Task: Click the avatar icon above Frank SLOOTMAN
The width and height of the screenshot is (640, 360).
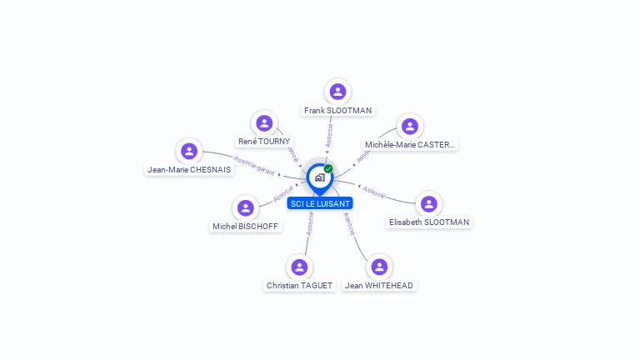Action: pyautogui.click(x=337, y=91)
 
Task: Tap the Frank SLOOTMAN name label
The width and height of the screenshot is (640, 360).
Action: pyautogui.click(x=337, y=110)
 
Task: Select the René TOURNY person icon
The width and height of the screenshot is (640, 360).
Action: pyautogui.click(x=264, y=123)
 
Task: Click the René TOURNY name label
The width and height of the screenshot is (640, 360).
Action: pyautogui.click(x=264, y=142)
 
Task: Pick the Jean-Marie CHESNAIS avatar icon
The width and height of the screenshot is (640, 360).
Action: pyautogui.click(x=189, y=151)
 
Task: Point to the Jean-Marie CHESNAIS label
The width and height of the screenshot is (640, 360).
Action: pyautogui.click(x=189, y=169)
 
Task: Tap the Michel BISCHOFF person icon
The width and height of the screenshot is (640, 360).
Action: pyautogui.click(x=245, y=207)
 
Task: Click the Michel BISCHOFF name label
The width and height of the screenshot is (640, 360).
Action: pyautogui.click(x=245, y=226)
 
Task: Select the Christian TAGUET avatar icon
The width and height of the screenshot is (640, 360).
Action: pyautogui.click(x=299, y=267)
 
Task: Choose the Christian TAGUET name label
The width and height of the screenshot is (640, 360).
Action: pyautogui.click(x=299, y=285)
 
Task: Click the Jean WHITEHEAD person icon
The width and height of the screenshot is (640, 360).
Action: pyautogui.click(x=379, y=267)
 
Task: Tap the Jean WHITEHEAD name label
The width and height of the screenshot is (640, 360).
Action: pyautogui.click(x=379, y=285)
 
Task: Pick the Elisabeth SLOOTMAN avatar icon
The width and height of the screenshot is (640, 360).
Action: pyautogui.click(x=428, y=204)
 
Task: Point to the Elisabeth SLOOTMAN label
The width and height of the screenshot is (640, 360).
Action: pyautogui.click(x=428, y=222)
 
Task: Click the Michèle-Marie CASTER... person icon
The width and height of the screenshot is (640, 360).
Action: pyautogui.click(x=409, y=126)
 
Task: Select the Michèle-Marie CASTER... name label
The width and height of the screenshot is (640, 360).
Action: pyautogui.click(x=410, y=144)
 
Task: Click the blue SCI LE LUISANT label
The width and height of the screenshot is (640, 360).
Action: pyautogui.click(x=320, y=203)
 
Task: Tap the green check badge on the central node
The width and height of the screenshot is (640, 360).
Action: pyautogui.click(x=328, y=168)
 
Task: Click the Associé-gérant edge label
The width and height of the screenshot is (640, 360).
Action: pyautogui.click(x=254, y=165)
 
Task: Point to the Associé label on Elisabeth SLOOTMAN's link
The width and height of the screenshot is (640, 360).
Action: pyautogui.click(x=374, y=192)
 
